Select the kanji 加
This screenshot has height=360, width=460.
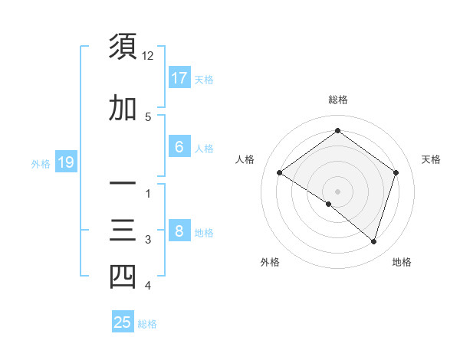point(123,109)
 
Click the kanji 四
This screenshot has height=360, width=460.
point(123,277)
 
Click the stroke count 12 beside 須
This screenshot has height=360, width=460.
point(148,56)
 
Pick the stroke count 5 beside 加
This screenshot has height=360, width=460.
point(148,116)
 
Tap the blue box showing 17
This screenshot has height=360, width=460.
point(179,78)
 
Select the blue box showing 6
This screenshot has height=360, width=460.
point(179,147)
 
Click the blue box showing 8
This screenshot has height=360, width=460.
point(179,231)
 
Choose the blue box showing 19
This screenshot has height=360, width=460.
point(66,162)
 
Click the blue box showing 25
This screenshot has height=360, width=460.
point(123,322)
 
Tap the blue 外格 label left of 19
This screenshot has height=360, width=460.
point(41,163)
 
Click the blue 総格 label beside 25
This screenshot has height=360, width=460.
point(147,324)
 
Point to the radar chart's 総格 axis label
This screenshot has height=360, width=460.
point(337,100)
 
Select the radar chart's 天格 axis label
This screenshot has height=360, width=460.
point(432,159)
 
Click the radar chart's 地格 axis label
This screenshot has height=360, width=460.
point(402,262)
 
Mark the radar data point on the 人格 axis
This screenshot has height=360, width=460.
point(279,173)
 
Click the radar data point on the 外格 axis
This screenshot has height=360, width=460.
point(329,204)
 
